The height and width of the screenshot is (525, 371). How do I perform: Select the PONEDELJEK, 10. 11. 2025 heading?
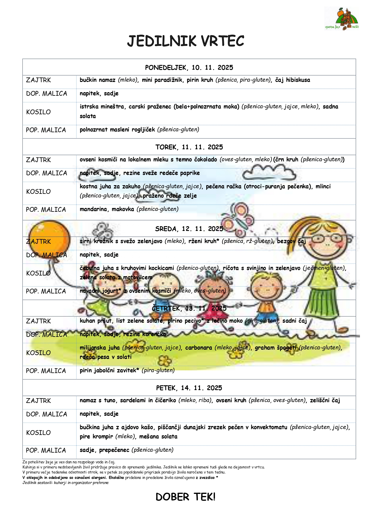click(189, 68)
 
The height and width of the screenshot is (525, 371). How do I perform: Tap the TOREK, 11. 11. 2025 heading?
click(189, 147)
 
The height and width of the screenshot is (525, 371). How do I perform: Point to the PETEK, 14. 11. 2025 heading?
click(189, 388)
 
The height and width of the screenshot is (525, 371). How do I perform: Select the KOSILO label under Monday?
click(39, 112)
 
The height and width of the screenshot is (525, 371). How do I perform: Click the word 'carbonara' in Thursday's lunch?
click(199, 348)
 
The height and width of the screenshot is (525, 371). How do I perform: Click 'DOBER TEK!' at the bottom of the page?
click(185, 497)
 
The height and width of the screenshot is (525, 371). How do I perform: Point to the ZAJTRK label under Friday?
click(39, 401)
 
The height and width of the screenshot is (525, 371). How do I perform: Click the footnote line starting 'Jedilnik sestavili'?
click(65, 483)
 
